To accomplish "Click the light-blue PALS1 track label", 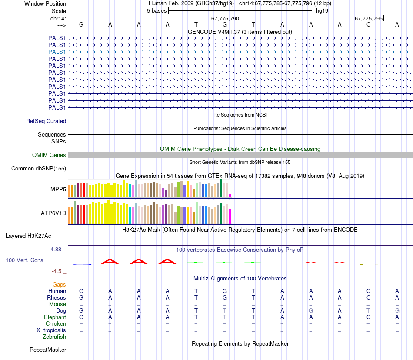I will [57, 52].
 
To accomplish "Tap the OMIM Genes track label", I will [49, 155].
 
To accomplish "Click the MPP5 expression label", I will [58, 190].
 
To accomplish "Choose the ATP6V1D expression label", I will [53, 213].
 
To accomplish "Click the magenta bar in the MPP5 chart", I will [230, 195].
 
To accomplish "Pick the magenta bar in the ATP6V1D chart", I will [230, 216].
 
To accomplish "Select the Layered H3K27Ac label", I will [28, 236].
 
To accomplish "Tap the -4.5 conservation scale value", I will [57, 271].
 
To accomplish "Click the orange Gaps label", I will [59, 284].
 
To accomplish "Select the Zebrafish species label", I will [54, 337].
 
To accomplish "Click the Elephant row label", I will [55, 317].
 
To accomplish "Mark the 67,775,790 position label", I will [225, 19].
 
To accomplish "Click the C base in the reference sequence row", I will [368, 24].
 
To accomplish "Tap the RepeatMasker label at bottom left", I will [48, 350].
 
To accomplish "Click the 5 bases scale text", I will [157, 11].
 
